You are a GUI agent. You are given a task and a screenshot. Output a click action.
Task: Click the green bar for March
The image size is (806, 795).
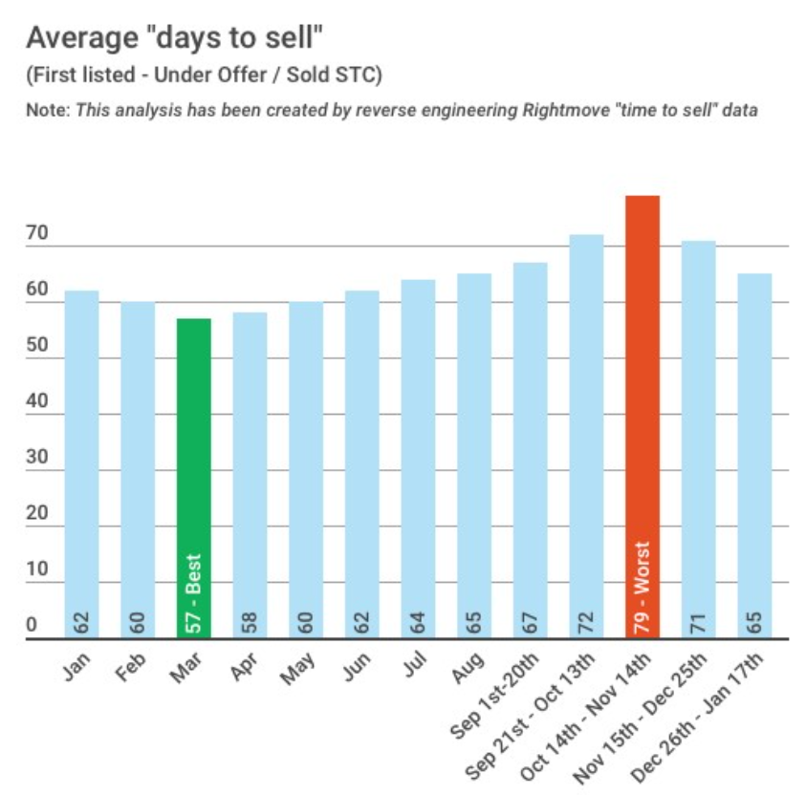[193, 478]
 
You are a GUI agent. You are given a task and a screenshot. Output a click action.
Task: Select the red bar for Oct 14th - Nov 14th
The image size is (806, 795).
[643, 417]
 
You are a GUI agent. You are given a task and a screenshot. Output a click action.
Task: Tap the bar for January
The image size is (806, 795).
[81, 464]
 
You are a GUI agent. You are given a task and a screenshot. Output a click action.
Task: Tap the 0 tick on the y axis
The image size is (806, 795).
[32, 626]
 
